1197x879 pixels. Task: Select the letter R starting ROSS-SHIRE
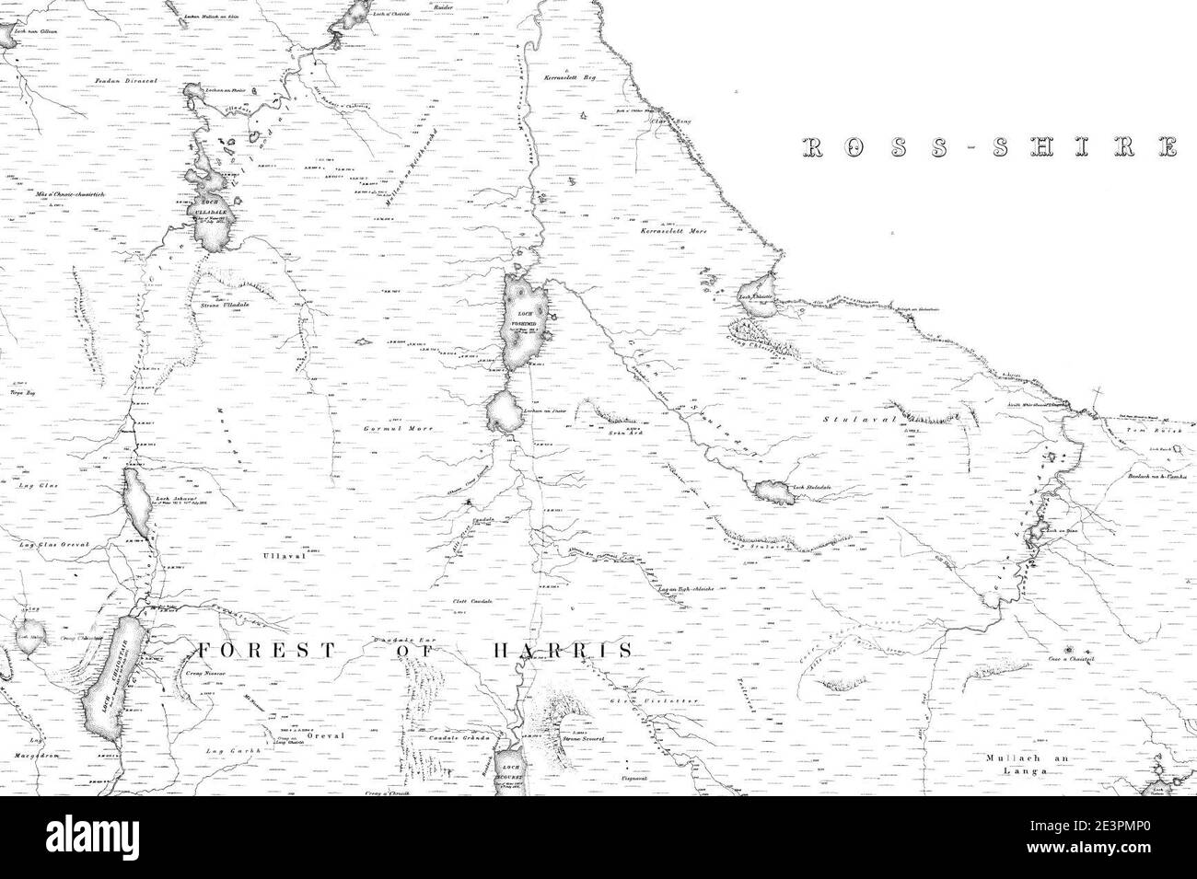(811, 147)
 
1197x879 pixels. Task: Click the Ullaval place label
(276, 556)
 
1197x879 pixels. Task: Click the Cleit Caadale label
(471, 601)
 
